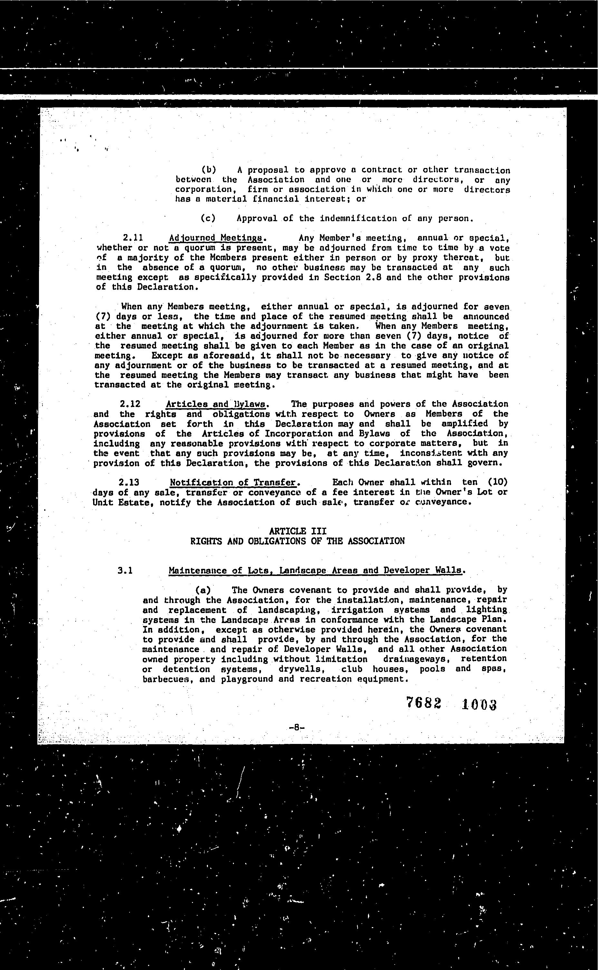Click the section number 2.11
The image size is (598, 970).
[133, 238]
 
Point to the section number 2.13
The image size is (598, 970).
[129, 482]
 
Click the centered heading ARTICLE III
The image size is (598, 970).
[297, 531]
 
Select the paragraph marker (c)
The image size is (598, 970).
[208, 218]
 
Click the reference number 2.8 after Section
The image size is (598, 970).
[374, 277]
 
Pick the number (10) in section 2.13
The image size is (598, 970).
[497, 482]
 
